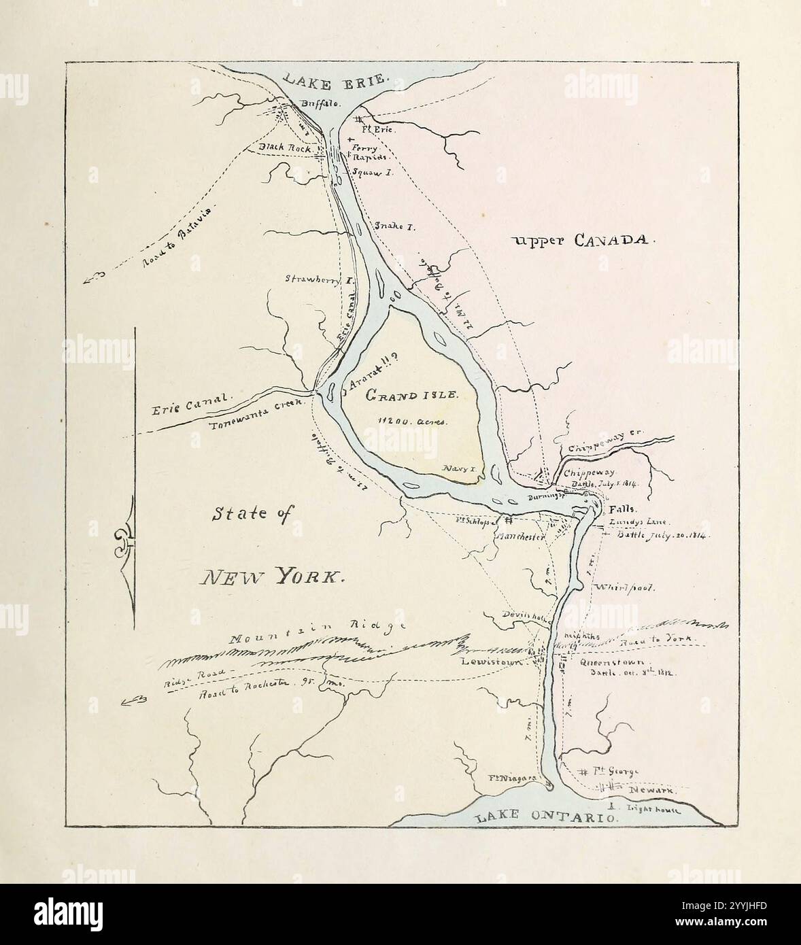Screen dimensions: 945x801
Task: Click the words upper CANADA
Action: pyautogui.click(x=583, y=239)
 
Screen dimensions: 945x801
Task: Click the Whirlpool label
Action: pyautogui.click(x=624, y=587)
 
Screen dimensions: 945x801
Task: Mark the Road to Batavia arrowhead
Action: pyautogui.click(x=92, y=276)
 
